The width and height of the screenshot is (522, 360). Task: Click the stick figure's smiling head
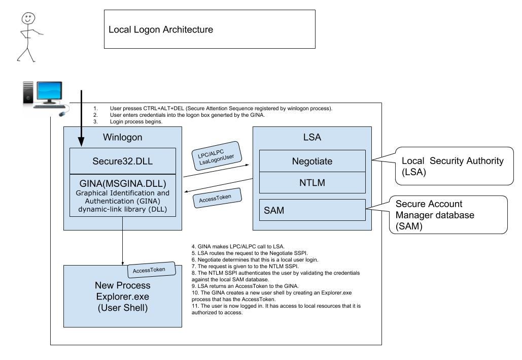click(28, 18)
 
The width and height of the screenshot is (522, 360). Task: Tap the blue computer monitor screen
click(50, 90)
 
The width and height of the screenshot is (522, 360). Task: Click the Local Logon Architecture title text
click(161, 29)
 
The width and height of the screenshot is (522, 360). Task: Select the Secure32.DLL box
click(123, 161)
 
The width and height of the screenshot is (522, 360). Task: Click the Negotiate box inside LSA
click(312, 161)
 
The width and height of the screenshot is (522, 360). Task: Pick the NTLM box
click(312, 183)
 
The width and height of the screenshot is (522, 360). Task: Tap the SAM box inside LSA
click(312, 210)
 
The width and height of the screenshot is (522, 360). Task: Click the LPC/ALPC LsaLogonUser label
click(217, 156)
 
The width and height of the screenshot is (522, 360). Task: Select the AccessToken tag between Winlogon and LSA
click(217, 199)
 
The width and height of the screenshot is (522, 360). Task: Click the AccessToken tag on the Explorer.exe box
click(152, 270)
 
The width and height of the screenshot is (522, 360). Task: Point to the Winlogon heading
click(123, 137)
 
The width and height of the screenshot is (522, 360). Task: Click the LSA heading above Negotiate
click(312, 137)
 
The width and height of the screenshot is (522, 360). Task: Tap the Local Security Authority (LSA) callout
click(454, 166)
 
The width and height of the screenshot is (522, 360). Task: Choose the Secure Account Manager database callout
click(448, 215)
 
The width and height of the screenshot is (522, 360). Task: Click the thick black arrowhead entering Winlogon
click(81, 142)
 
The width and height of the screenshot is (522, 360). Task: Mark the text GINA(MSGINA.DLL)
click(123, 184)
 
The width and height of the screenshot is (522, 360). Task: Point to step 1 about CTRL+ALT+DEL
click(213, 108)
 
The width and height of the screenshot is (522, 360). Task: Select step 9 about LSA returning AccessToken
click(245, 286)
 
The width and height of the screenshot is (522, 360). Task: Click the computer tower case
click(28, 92)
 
